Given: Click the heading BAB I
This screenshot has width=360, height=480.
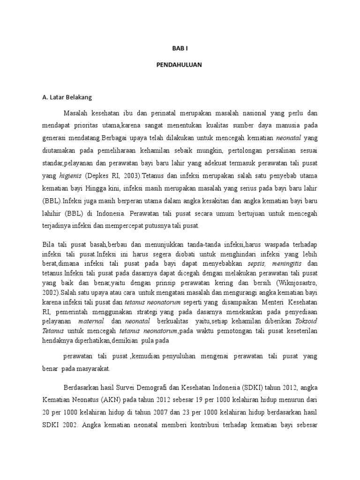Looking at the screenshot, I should pos(180,48).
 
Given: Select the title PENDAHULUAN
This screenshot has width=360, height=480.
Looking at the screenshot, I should pos(180,65).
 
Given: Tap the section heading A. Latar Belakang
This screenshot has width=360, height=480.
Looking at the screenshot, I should pos(67,97).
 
